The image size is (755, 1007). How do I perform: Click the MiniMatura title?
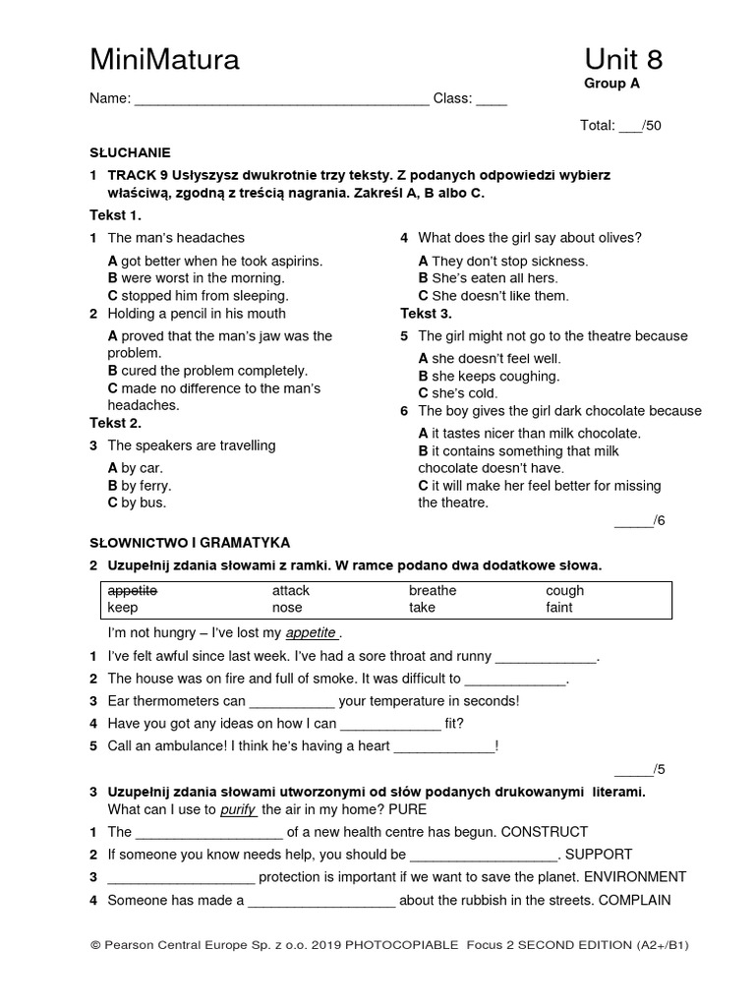click(164, 61)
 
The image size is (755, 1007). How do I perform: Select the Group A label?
click(611, 84)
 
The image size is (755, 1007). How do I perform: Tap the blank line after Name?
click(281, 99)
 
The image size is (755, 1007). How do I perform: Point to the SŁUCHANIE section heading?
click(130, 152)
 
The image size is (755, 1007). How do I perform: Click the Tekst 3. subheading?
click(426, 314)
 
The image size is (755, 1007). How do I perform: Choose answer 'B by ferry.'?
click(140, 486)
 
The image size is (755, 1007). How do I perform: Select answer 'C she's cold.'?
click(458, 393)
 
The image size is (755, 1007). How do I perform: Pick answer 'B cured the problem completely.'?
click(207, 371)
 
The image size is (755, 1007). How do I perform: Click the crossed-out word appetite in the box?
click(133, 591)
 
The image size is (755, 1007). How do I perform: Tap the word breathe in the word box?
click(433, 591)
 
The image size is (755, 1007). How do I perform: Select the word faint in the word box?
click(559, 608)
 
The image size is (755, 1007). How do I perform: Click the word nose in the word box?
click(288, 608)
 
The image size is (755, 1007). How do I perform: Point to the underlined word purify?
click(238, 810)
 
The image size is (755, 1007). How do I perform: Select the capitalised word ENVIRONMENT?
click(624, 877)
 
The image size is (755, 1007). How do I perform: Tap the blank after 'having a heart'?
click(444, 746)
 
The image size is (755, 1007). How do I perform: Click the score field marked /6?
click(640, 521)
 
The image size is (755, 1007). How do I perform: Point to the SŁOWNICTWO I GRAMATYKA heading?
click(190, 543)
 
